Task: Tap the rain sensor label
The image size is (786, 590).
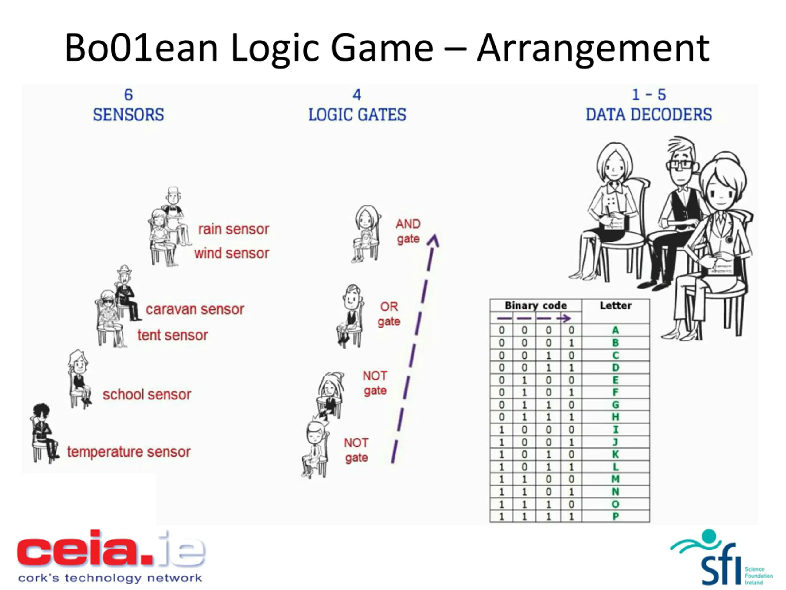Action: pyautogui.click(x=233, y=229)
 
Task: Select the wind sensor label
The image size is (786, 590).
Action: pyautogui.click(x=232, y=253)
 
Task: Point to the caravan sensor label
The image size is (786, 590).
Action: pyautogui.click(x=195, y=309)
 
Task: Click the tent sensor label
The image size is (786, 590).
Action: pyautogui.click(x=173, y=335)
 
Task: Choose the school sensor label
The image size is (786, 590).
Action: pyautogui.click(x=147, y=394)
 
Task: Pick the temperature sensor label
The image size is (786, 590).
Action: pyautogui.click(x=129, y=452)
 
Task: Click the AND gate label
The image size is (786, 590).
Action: pyautogui.click(x=408, y=231)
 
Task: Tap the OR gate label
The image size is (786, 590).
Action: pyautogui.click(x=389, y=314)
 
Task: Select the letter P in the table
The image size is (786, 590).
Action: pyautogui.click(x=615, y=516)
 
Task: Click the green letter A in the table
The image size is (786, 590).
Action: pyautogui.click(x=615, y=330)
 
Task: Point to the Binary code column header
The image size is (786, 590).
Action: pyautogui.click(x=535, y=305)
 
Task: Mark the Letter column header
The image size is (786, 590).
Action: pyautogui.click(x=615, y=305)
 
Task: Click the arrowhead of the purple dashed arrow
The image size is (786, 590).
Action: pyautogui.click(x=434, y=240)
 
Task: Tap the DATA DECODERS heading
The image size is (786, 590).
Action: pyautogui.click(x=648, y=115)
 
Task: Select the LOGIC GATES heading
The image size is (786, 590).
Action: pyautogui.click(x=357, y=115)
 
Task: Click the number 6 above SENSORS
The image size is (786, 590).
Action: pyautogui.click(x=128, y=95)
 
